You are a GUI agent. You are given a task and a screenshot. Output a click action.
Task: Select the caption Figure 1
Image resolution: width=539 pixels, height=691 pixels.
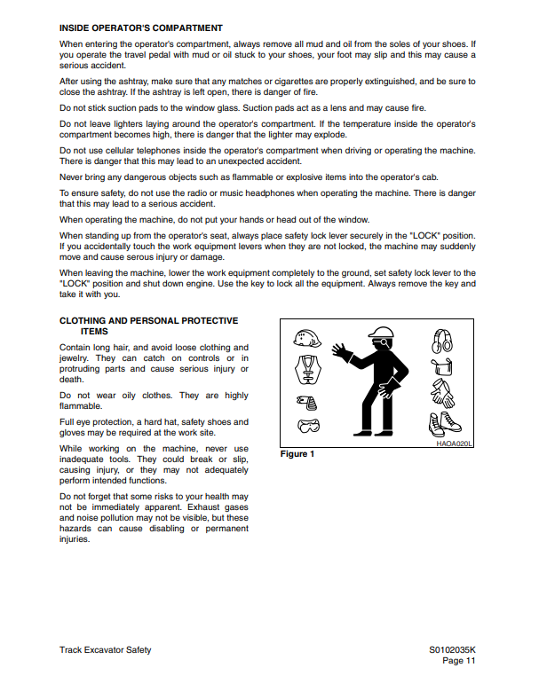click(298, 454)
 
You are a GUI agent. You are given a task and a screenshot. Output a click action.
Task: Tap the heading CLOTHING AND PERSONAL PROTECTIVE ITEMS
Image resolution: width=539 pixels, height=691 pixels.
click(148, 326)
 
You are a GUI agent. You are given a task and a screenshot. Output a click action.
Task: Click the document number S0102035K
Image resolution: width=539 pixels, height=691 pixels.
click(453, 650)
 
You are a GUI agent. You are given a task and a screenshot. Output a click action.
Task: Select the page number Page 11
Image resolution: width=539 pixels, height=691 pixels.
click(460, 661)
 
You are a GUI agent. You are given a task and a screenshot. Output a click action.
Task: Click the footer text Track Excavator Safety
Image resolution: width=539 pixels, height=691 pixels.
click(105, 650)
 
